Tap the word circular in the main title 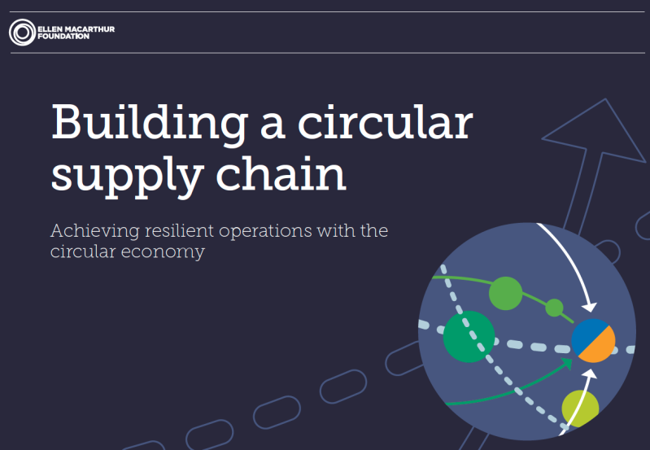pos(386,121)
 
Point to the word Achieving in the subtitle pos(94,231)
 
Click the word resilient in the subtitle pos(179,230)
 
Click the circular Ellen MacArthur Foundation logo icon pos(23,33)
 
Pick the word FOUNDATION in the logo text pos(63,37)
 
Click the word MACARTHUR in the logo pos(89,29)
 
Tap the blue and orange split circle pos(593,341)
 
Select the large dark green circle pos(469,337)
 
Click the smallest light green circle pos(554,308)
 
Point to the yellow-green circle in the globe pos(580,408)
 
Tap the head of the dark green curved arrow pos(567,364)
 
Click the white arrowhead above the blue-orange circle pos(590,307)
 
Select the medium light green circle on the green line pos(506,293)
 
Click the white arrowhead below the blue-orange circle pos(590,374)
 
